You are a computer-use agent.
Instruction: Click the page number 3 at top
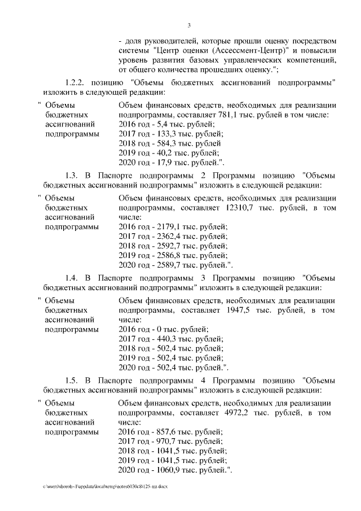189,25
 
